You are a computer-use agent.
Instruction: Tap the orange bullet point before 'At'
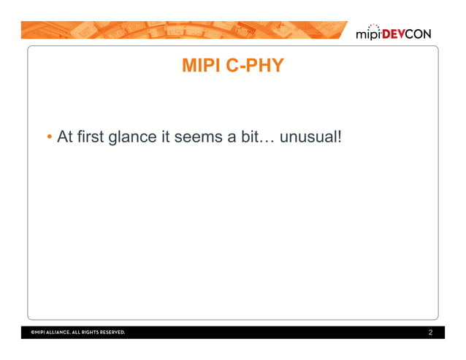click(x=48, y=137)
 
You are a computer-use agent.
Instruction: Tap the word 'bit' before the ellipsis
click(x=248, y=137)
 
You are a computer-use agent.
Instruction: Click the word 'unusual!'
click(x=311, y=137)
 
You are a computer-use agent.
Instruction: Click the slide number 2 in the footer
click(x=431, y=333)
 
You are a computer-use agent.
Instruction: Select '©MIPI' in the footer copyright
click(x=39, y=333)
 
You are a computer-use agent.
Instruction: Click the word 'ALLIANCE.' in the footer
click(x=65, y=333)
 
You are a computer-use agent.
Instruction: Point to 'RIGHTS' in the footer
click(x=96, y=333)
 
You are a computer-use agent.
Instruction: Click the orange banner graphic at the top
click(x=183, y=29)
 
